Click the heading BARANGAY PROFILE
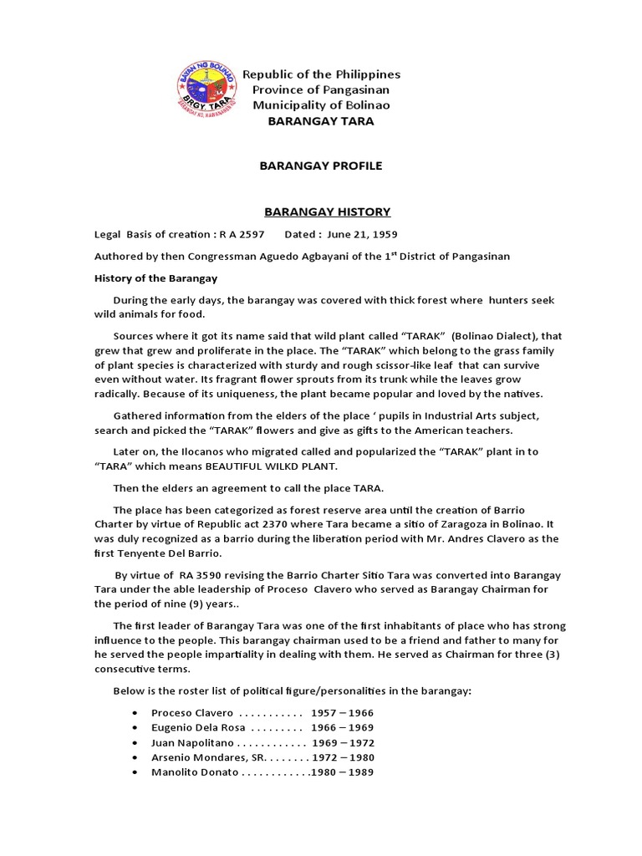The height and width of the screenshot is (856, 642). [320, 166]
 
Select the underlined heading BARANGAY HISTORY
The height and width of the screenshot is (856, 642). [320, 211]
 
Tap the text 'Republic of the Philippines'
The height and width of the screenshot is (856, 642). [321, 74]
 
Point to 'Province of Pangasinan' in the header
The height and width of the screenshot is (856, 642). [321, 89]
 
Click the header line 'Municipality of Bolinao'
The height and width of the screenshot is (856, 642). [321, 105]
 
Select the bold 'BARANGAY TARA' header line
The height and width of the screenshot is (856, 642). [320, 121]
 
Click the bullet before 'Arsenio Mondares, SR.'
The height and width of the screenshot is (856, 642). [135, 757]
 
